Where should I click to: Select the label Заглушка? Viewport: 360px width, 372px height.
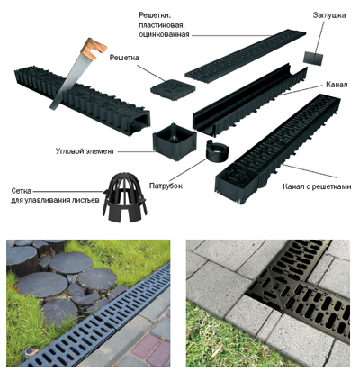click(x=329, y=15)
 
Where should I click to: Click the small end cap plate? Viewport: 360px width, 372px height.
click(x=313, y=58)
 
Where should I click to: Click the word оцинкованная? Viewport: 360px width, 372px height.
click(x=164, y=34)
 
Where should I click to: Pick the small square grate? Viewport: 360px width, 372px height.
click(x=173, y=90)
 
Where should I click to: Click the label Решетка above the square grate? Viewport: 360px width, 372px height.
click(x=124, y=58)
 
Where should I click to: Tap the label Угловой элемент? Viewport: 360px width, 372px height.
click(x=85, y=151)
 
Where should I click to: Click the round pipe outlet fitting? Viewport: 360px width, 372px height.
click(x=217, y=150)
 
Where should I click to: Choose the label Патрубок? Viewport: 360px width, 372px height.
click(x=166, y=186)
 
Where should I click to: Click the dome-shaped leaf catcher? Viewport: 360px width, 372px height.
click(x=124, y=196)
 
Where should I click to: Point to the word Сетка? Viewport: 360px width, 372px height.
click(x=22, y=191)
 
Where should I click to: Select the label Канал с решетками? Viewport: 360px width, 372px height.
click(x=317, y=186)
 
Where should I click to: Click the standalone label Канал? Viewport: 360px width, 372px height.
click(x=337, y=85)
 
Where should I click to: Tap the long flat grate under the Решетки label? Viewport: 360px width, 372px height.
click(x=246, y=56)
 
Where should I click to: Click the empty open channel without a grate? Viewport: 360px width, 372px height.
click(x=249, y=100)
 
